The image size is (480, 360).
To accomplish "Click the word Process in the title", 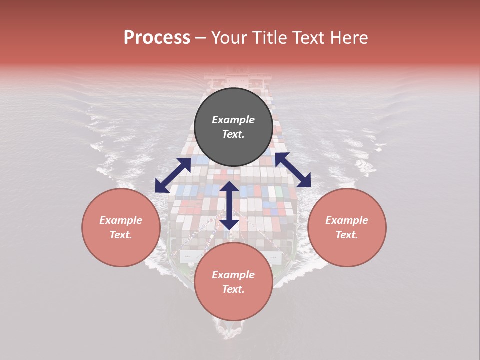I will (157, 38).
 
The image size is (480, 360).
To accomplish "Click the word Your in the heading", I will (229, 38).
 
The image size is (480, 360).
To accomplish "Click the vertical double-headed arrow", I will (229, 205).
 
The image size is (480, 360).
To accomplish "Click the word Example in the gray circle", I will (233, 120).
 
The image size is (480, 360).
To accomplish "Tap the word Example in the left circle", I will (121, 220).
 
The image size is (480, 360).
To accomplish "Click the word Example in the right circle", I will (347, 220).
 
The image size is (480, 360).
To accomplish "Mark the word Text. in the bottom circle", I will (233, 290).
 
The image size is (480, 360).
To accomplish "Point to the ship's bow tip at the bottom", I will (230, 334).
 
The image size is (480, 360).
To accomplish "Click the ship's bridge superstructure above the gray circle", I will (237, 80).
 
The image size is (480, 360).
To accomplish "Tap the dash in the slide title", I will (201, 38).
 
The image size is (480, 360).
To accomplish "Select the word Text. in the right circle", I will (347, 235).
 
